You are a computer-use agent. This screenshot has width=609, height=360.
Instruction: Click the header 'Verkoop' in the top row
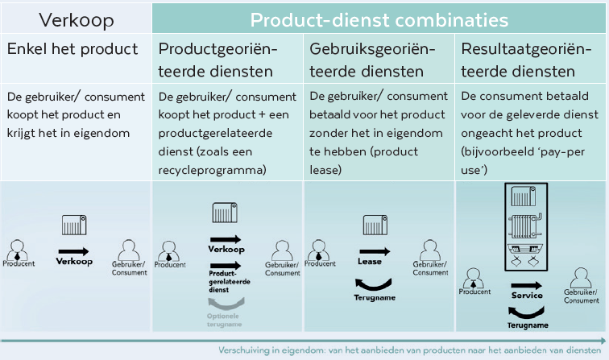pyautogui.click(x=76, y=20)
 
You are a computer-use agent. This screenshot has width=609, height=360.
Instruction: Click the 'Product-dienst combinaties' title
pyautogui.click(x=379, y=20)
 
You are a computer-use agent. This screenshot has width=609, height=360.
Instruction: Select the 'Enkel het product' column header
pyautogui.click(x=72, y=49)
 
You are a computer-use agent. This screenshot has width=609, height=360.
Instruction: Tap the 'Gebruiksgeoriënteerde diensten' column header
pyautogui.click(x=372, y=60)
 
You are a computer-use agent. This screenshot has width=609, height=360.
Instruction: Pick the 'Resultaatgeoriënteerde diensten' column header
pyautogui.click(x=526, y=60)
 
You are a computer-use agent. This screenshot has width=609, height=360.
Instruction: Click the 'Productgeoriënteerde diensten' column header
pyautogui.click(x=217, y=60)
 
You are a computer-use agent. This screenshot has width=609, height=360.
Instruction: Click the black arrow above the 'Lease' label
pyautogui.click(x=375, y=251)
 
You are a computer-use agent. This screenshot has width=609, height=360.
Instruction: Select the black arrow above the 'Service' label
pyautogui.click(x=526, y=285)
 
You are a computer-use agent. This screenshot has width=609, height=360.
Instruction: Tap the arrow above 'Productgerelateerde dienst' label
pyautogui.click(x=226, y=266)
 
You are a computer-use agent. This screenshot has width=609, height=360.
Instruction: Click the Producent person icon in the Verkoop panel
pyautogui.click(x=18, y=250)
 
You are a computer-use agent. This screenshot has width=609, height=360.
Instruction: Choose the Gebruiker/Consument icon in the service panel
pyautogui.click(x=581, y=278)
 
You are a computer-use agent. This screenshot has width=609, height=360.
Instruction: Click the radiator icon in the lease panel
pyautogui.click(x=375, y=226)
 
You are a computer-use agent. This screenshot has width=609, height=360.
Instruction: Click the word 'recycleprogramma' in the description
pyautogui.click(x=211, y=170)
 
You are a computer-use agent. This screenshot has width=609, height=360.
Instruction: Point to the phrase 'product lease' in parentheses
pyautogui.click(x=363, y=160)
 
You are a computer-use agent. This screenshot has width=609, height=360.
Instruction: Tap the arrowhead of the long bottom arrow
pyautogui.click(x=603, y=341)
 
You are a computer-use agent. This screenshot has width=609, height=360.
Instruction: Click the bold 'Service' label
pyautogui.click(x=527, y=295)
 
